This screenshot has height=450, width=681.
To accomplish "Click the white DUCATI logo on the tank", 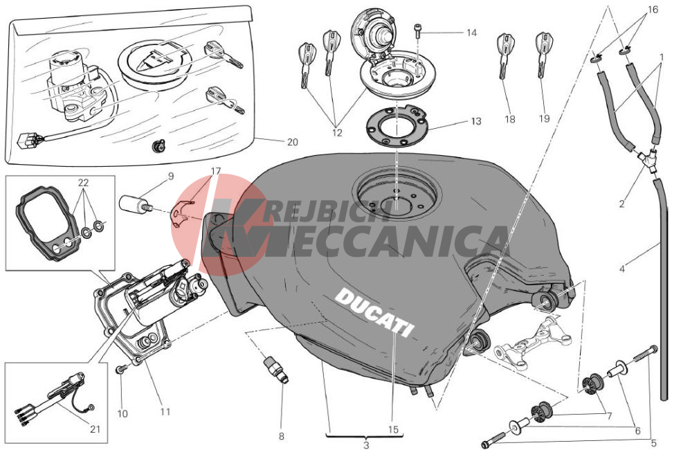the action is [374, 312].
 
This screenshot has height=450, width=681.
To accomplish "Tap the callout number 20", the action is [293, 142].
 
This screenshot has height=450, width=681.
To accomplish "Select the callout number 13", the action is [476, 121].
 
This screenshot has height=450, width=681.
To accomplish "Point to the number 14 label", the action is [472, 33].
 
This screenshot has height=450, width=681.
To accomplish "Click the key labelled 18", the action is [505, 54].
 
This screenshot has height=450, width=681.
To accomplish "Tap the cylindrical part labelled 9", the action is [134, 204].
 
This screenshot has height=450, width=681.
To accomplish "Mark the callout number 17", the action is [216, 171].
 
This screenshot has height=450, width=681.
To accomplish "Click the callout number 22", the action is [83, 183].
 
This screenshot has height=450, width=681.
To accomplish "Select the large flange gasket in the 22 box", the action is [48, 223].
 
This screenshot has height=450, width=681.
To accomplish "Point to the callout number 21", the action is [95, 429].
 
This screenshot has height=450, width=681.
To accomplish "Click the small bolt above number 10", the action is [120, 370].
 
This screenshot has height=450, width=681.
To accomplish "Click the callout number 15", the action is [392, 430].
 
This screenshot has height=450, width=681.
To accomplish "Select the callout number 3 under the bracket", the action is [366, 444].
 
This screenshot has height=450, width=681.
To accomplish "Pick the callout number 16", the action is [653, 10].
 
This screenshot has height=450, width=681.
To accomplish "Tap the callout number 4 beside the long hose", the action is [622, 269].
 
